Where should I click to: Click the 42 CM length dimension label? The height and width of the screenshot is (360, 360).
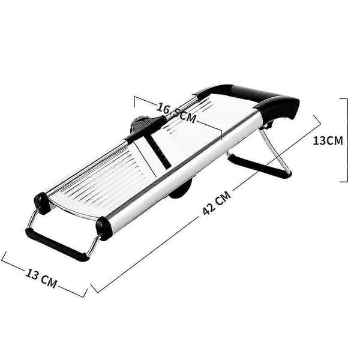tap(217, 203)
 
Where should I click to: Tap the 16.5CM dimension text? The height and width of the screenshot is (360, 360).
tap(176, 113)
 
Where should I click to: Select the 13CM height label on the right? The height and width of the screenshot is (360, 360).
tap(328, 140)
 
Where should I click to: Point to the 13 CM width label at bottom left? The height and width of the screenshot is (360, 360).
tap(41, 278)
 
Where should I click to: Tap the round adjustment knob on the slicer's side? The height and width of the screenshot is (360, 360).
tap(139, 124)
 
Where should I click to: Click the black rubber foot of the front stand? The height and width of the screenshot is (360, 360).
tap(57, 245)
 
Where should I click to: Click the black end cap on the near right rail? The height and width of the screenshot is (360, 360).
tap(104, 228)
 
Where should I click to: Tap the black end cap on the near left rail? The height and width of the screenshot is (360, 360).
tap(42, 203)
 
